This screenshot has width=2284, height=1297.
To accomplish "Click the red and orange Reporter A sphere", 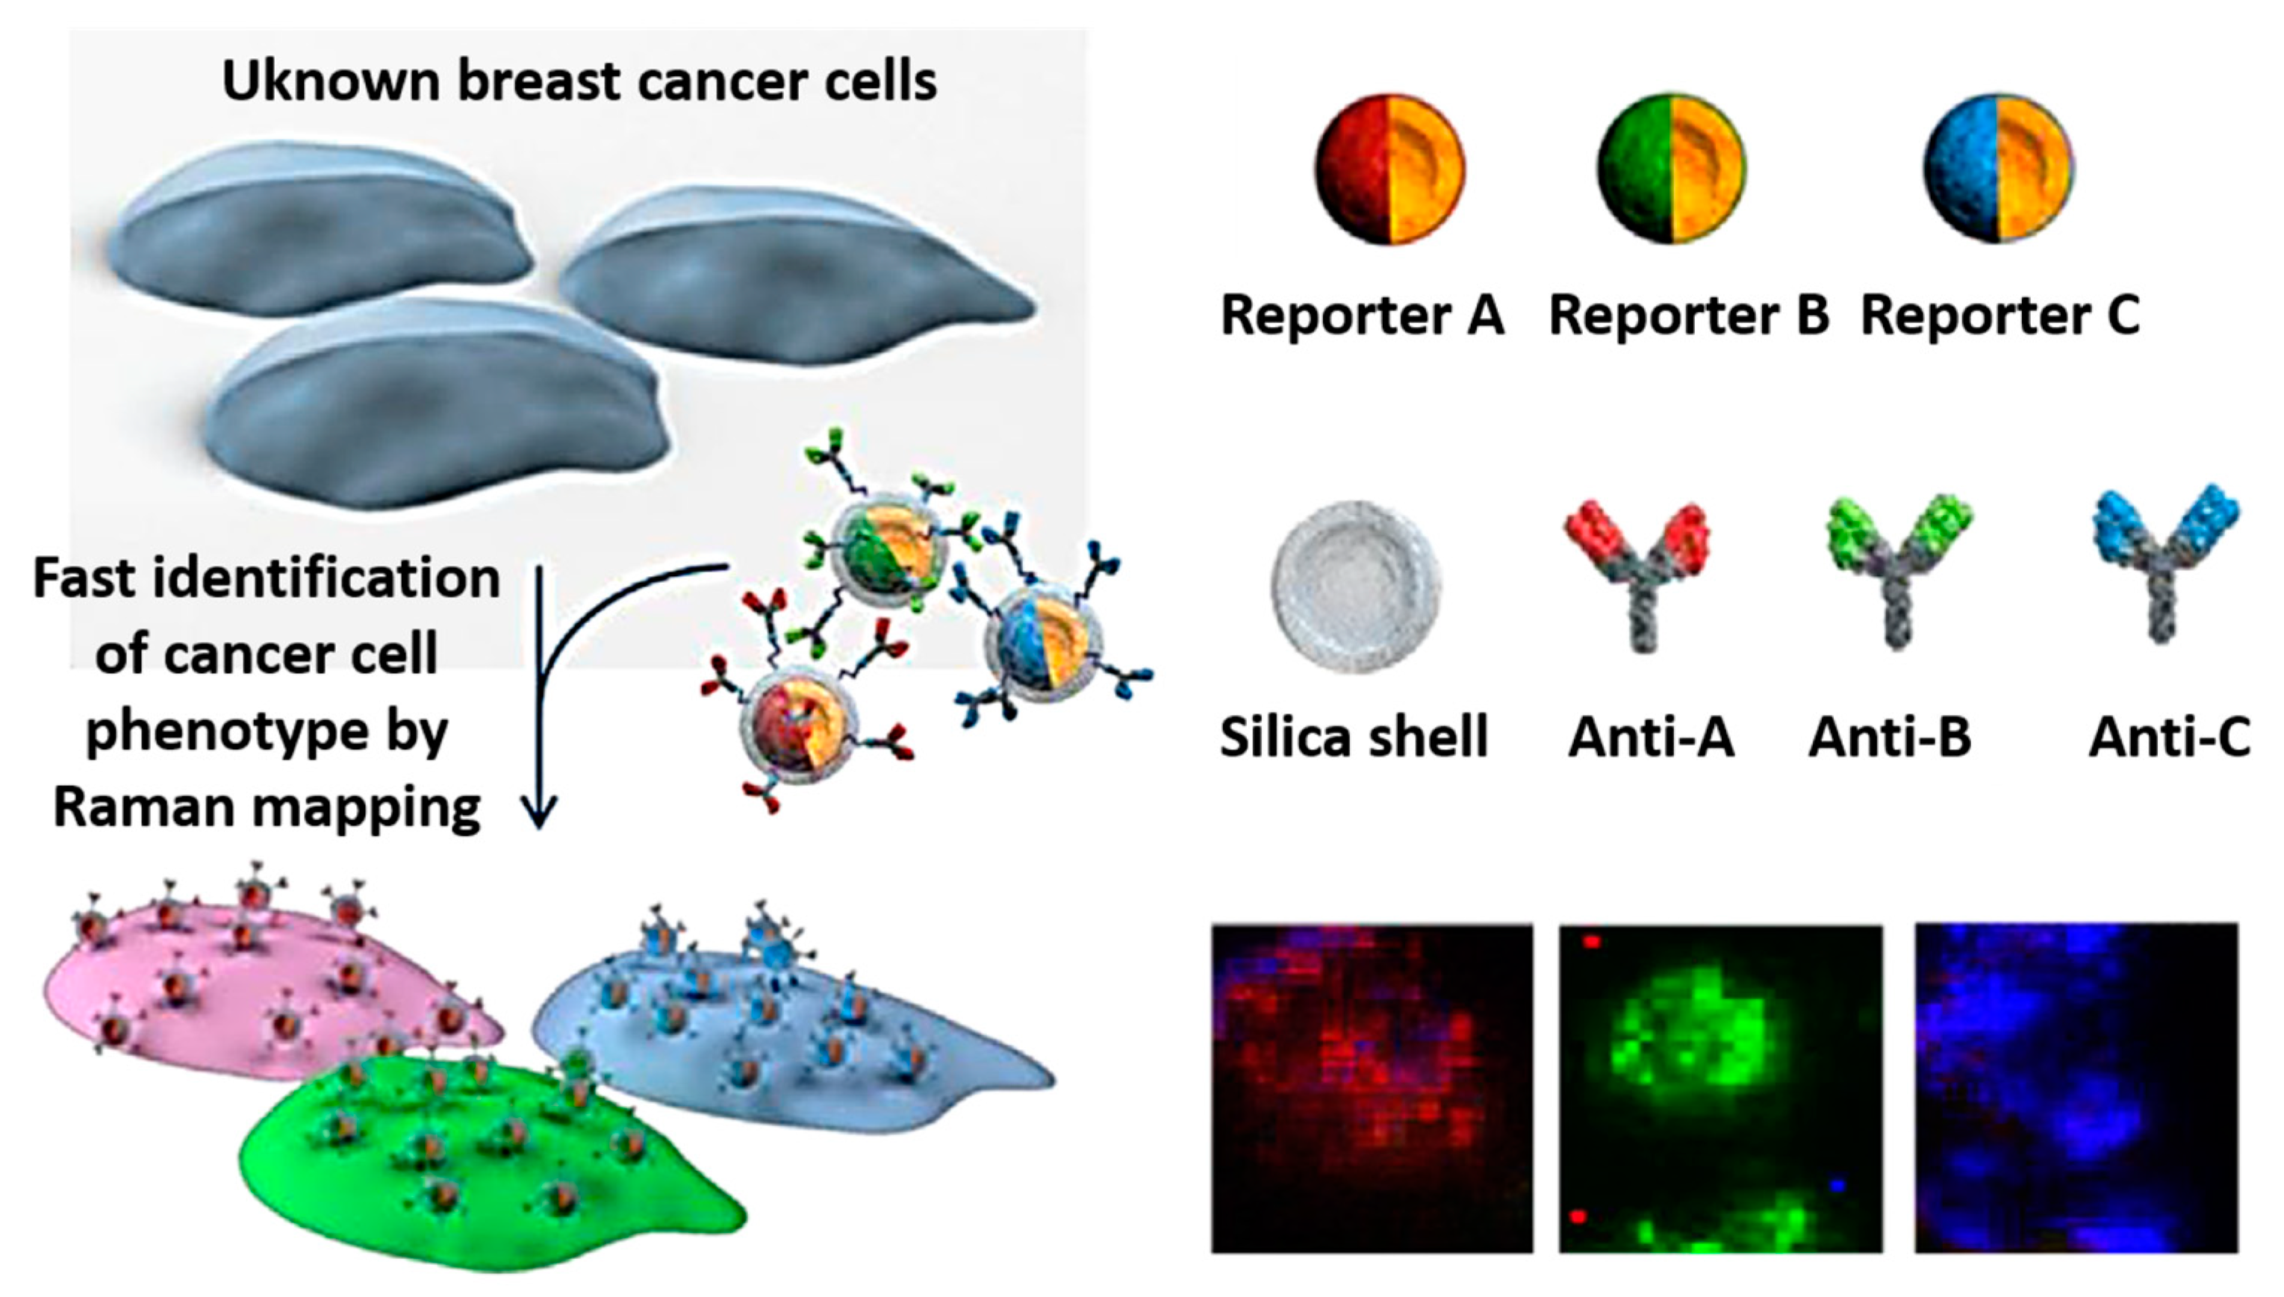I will click(1390, 169).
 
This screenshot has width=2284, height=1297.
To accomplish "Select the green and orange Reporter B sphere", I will click(1671, 169).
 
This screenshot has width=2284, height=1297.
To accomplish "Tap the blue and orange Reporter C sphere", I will click(1999, 169).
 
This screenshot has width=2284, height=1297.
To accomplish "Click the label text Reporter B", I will click(1689, 316).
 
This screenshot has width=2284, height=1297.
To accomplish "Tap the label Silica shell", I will click(1354, 737).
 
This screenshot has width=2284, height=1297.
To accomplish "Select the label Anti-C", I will click(2169, 737).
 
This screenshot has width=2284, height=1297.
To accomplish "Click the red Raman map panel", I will click(1372, 1089).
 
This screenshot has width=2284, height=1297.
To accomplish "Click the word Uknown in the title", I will click(330, 82).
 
